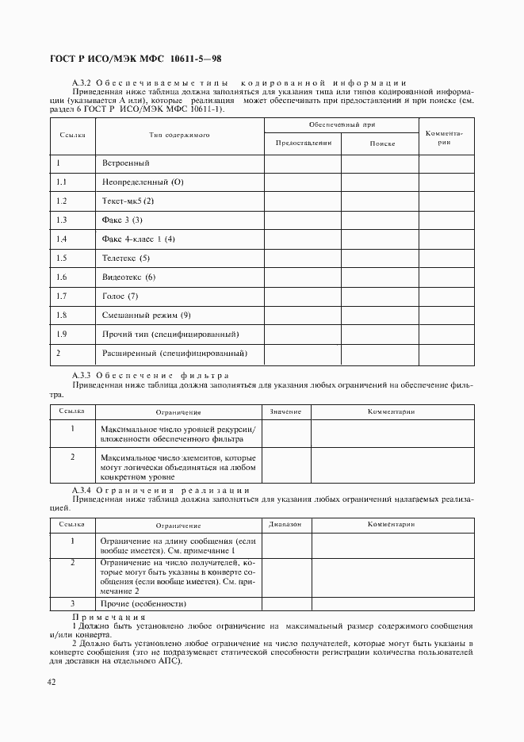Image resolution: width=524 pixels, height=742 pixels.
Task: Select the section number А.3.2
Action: (83, 83)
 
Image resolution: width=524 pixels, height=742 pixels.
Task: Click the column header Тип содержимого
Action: (179, 136)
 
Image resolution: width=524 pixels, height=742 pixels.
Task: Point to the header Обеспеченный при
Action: (342, 125)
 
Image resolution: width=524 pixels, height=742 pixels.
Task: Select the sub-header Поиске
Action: (381, 143)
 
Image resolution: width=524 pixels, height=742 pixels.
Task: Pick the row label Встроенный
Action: (126, 163)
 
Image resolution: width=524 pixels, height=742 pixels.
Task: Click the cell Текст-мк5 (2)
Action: (128, 201)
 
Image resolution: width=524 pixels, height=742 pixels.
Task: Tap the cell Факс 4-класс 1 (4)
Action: (138, 239)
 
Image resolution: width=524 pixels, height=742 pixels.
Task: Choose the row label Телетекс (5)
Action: (126, 258)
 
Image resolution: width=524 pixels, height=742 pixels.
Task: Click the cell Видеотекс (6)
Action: (129, 277)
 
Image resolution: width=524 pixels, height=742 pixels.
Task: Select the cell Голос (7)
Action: (120, 296)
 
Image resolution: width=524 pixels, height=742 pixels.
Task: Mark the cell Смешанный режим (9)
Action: (147, 315)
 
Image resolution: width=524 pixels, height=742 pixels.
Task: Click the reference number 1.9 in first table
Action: (62, 334)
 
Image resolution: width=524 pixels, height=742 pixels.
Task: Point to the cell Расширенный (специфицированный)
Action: (175, 353)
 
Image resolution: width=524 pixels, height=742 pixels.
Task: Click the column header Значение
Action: (285, 412)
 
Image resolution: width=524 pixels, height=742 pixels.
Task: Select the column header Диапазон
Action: (285, 526)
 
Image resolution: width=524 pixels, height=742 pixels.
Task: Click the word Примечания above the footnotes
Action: (109, 616)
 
